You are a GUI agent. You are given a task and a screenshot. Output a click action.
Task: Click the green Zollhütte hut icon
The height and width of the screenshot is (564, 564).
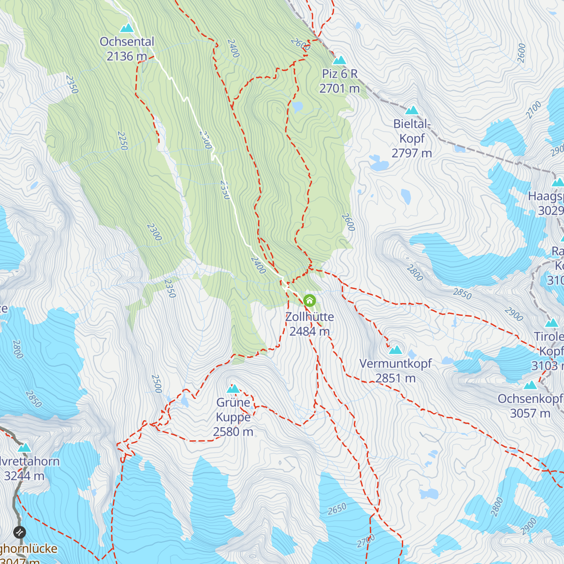pyautogui.click(x=309, y=300)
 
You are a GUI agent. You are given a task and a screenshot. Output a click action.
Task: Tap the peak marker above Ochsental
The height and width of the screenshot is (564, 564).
pyautogui.click(x=126, y=28)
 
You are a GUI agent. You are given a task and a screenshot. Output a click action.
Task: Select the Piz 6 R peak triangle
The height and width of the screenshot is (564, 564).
pyautogui.click(x=339, y=60)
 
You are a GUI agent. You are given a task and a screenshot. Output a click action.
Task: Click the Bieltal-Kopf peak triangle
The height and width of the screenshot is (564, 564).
pyautogui.click(x=412, y=110)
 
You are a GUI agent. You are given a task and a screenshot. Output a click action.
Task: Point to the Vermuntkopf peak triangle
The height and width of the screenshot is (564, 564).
pyautogui.click(x=395, y=350)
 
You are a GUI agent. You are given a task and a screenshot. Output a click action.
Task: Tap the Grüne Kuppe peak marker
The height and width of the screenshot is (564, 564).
pyautogui.click(x=233, y=389)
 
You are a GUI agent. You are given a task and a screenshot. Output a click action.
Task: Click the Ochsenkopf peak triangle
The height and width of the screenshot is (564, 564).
pyautogui.click(x=530, y=385)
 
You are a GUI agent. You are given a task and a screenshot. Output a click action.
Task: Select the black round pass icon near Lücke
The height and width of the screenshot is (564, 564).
pyautogui.click(x=19, y=532)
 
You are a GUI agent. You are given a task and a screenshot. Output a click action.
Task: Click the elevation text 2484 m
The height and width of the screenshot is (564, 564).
pyautogui.click(x=309, y=331)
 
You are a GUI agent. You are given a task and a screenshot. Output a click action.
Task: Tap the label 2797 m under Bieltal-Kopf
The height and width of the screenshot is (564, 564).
pyautogui.click(x=412, y=153)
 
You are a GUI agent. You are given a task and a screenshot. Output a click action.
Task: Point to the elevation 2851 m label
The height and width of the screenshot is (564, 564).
pyautogui.click(x=395, y=378)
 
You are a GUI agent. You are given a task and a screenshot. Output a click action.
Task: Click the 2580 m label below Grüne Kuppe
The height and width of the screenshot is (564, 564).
pyautogui.click(x=233, y=431)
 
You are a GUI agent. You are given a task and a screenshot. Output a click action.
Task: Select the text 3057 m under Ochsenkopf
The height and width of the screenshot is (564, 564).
pyautogui.click(x=530, y=413)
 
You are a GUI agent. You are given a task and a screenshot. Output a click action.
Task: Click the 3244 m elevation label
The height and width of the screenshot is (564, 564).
pyautogui.click(x=24, y=476)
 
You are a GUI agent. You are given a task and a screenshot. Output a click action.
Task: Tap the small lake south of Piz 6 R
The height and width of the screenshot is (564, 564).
pyautogui.click(x=297, y=107)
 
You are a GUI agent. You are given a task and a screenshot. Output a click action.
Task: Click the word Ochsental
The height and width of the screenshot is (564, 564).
pyautogui.click(x=127, y=41)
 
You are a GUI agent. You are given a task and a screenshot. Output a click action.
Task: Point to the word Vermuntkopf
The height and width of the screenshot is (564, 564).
pyautogui.click(x=395, y=363)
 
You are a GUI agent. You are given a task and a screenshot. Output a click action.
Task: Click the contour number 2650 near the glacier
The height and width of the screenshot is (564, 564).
pyautogui.click(x=337, y=509)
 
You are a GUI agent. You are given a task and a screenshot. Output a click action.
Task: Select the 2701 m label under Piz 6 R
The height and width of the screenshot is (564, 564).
pyautogui.click(x=339, y=88)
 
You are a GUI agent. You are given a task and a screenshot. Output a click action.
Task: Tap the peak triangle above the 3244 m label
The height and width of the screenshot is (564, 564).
pyautogui.click(x=24, y=448)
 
